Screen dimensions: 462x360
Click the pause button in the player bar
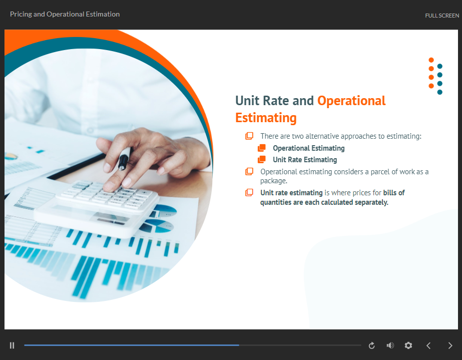[x=12, y=345]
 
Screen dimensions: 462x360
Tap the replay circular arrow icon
[x=372, y=345]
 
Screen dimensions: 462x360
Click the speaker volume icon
[x=390, y=345]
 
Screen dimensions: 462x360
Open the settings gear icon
[x=408, y=345]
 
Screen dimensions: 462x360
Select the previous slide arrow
[x=428, y=345]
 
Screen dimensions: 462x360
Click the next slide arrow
[x=450, y=345]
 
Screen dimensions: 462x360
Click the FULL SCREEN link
[x=442, y=16]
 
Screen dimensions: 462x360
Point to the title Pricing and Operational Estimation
[x=65, y=14]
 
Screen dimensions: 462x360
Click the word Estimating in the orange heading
[x=266, y=118]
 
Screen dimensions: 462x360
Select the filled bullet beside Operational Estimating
[x=262, y=148]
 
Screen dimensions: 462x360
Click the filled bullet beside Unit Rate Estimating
[x=262, y=160]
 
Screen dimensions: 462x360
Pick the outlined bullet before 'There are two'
[x=249, y=136]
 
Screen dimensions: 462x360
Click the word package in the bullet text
[x=273, y=181]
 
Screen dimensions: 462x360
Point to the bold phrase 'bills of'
[x=394, y=193]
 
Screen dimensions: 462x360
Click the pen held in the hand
[x=124, y=159]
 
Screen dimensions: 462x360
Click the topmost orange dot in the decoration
[x=431, y=60]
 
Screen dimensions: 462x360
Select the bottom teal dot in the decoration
[x=440, y=92]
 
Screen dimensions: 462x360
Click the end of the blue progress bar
[x=239, y=345]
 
